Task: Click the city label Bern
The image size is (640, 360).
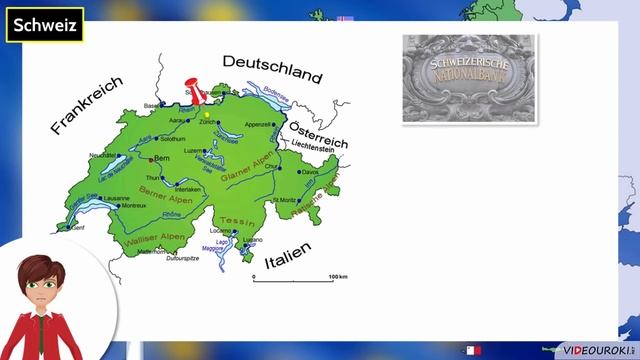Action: [162, 159]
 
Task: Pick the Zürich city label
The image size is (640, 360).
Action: [209, 122]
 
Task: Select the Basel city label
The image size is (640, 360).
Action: [152, 105]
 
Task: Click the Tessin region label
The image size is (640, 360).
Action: [231, 220]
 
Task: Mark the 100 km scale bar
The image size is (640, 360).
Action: [292, 279]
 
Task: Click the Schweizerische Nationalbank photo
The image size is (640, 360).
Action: [469, 78]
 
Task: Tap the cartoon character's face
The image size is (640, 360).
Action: [40, 288]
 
